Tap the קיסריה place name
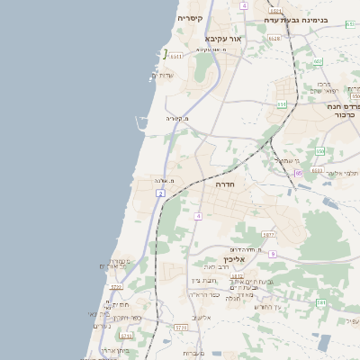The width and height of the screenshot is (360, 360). point(190,18)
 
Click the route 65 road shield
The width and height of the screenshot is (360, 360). point(298,173)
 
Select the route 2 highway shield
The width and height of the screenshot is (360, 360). point(160,193)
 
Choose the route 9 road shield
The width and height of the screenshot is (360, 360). point(272,255)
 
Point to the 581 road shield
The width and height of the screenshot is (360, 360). point(321,303)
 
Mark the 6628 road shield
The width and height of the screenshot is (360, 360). point(274,39)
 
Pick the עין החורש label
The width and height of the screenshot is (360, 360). point(268,308)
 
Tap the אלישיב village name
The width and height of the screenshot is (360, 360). point(202,318)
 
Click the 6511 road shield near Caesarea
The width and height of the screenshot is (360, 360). point(175,56)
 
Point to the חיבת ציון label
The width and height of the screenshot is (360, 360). point(200,281)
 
